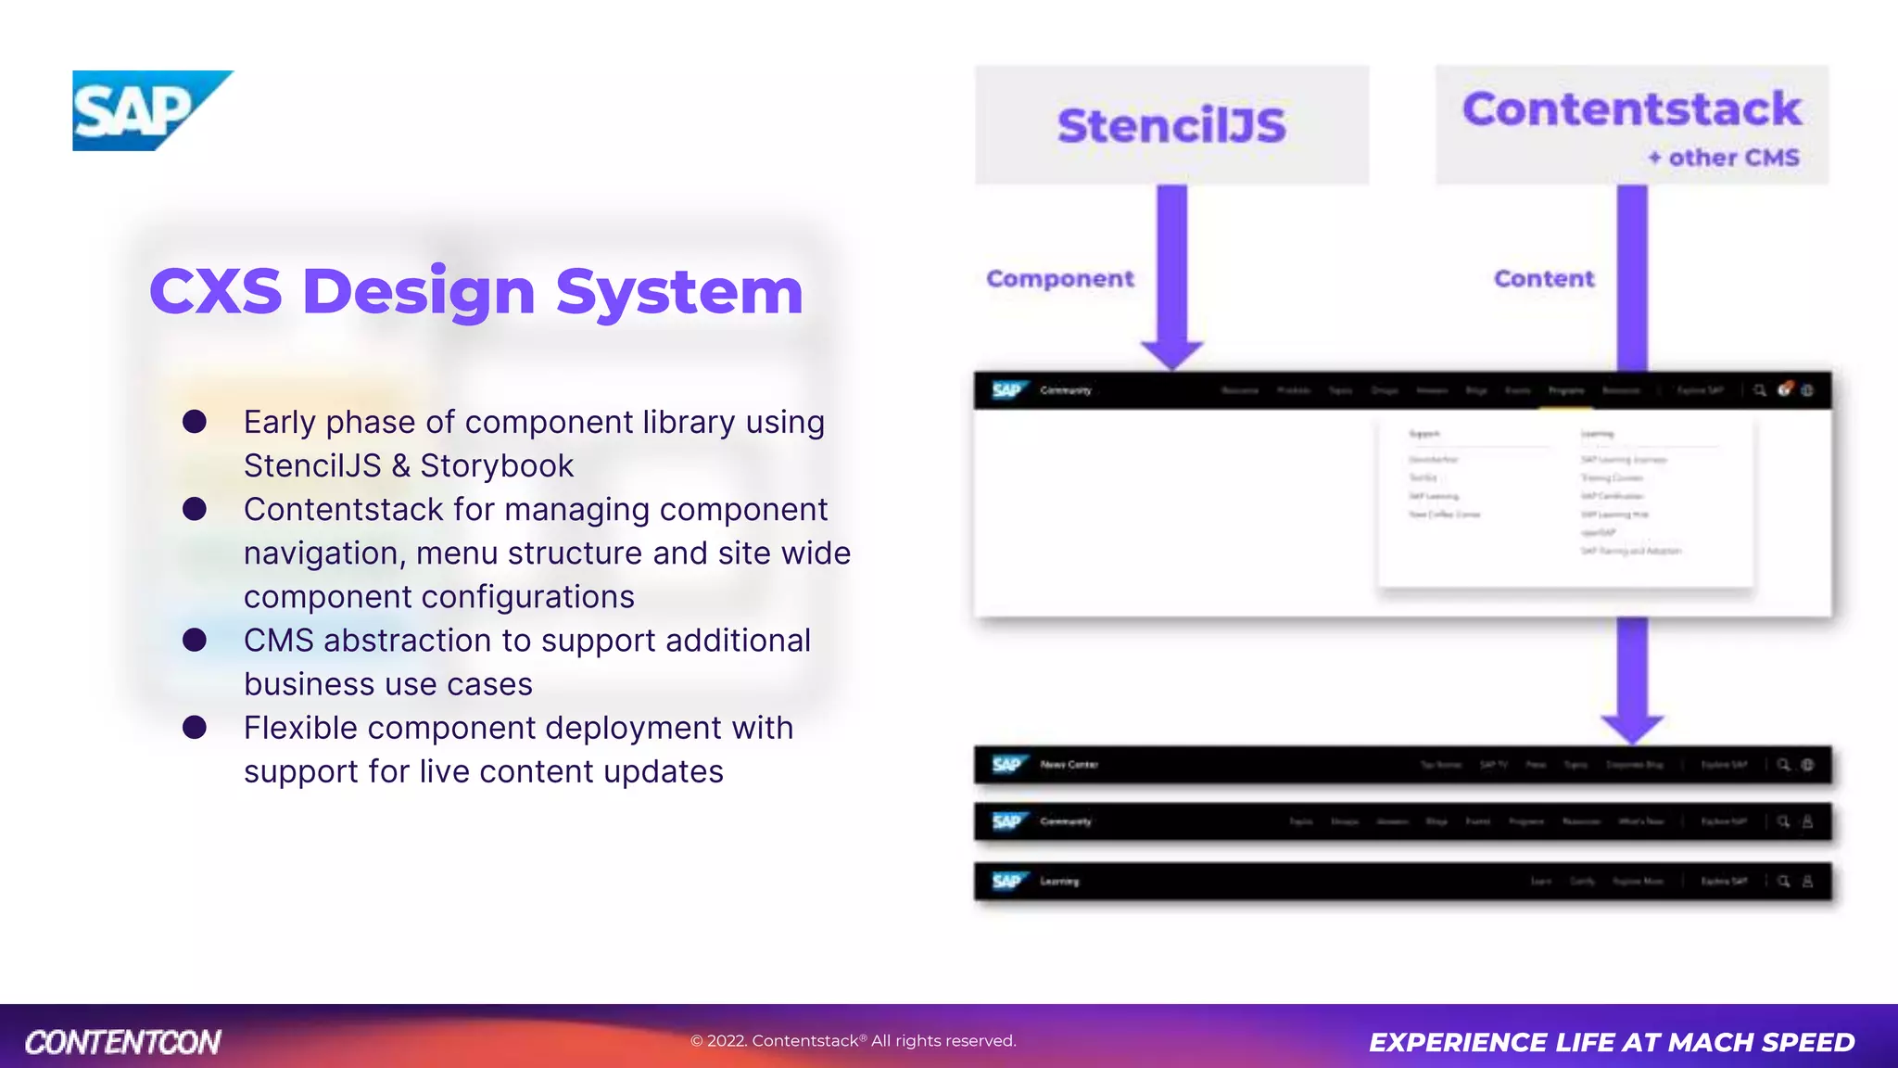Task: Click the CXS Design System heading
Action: coord(475,291)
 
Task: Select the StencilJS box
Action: coord(1171,125)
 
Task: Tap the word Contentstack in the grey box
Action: coord(1631,109)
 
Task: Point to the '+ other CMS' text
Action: coord(1724,158)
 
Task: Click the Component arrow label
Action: coord(1059,278)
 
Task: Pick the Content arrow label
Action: coord(1544,278)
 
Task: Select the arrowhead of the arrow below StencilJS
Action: coord(1172,353)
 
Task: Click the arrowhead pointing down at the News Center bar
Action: coord(1632,728)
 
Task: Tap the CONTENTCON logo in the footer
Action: coord(123,1042)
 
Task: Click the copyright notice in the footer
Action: coord(853,1041)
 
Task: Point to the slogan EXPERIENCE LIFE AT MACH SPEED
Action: coord(1612,1042)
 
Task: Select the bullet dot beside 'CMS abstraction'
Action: coord(195,640)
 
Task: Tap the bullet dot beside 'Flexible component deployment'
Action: coord(195,728)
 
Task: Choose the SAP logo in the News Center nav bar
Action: coord(1007,764)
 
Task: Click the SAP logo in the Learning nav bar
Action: coord(1007,881)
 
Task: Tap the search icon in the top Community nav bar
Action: coord(1759,390)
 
